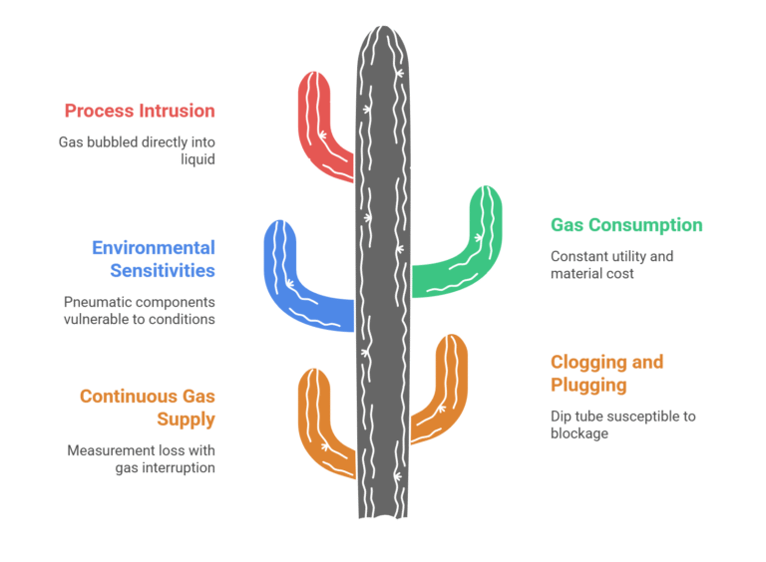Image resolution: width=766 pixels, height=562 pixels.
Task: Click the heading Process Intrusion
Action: pos(140,111)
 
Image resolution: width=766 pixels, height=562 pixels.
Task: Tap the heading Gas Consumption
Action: pos(626,225)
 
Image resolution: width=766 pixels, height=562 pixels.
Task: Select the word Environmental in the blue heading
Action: pos(154,248)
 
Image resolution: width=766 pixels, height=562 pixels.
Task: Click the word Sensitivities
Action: pos(162,270)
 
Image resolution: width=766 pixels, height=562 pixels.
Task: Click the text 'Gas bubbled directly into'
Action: pos(137,141)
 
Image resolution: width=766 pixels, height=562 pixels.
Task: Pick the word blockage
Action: pos(579,433)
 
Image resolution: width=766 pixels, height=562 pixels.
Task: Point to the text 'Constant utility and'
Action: pos(611,256)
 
